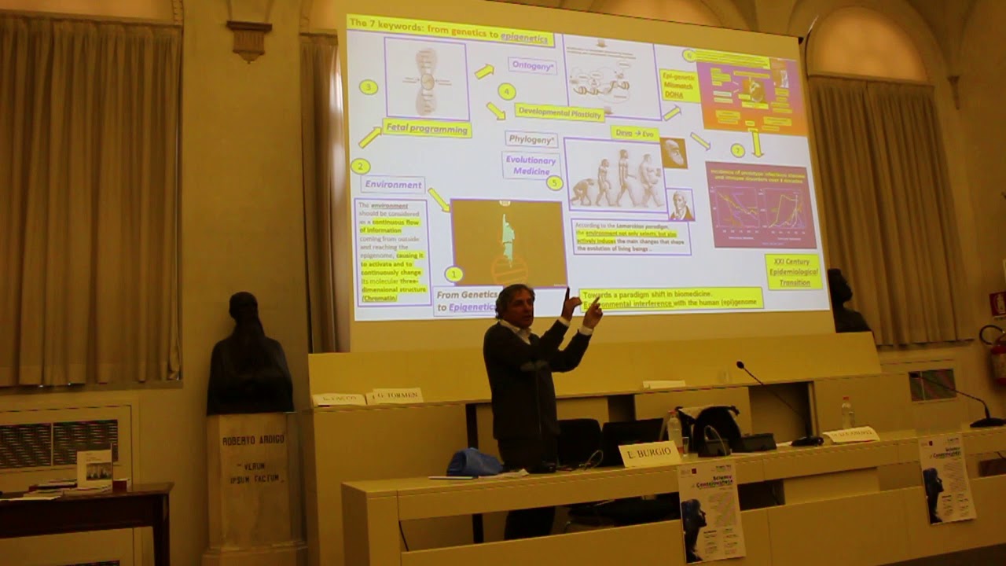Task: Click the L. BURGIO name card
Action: tap(649, 454)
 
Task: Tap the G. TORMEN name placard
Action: tap(395, 395)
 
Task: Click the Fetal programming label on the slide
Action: tap(427, 129)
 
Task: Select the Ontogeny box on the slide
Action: tap(532, 66)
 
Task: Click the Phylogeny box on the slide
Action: tap(531, 140)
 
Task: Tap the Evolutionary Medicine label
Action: tap(531, 164)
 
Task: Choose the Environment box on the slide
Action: tap(393, 185)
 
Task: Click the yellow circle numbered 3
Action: tap(369, 87)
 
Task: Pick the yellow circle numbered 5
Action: tap(555, 183)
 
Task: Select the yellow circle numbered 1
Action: tap(453, 274)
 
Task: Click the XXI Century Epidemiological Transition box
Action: tap(794, 271)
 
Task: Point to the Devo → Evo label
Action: tap(635, 134)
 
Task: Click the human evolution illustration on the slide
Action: tap(615, 177)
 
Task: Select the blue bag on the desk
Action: tap(474, 462)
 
